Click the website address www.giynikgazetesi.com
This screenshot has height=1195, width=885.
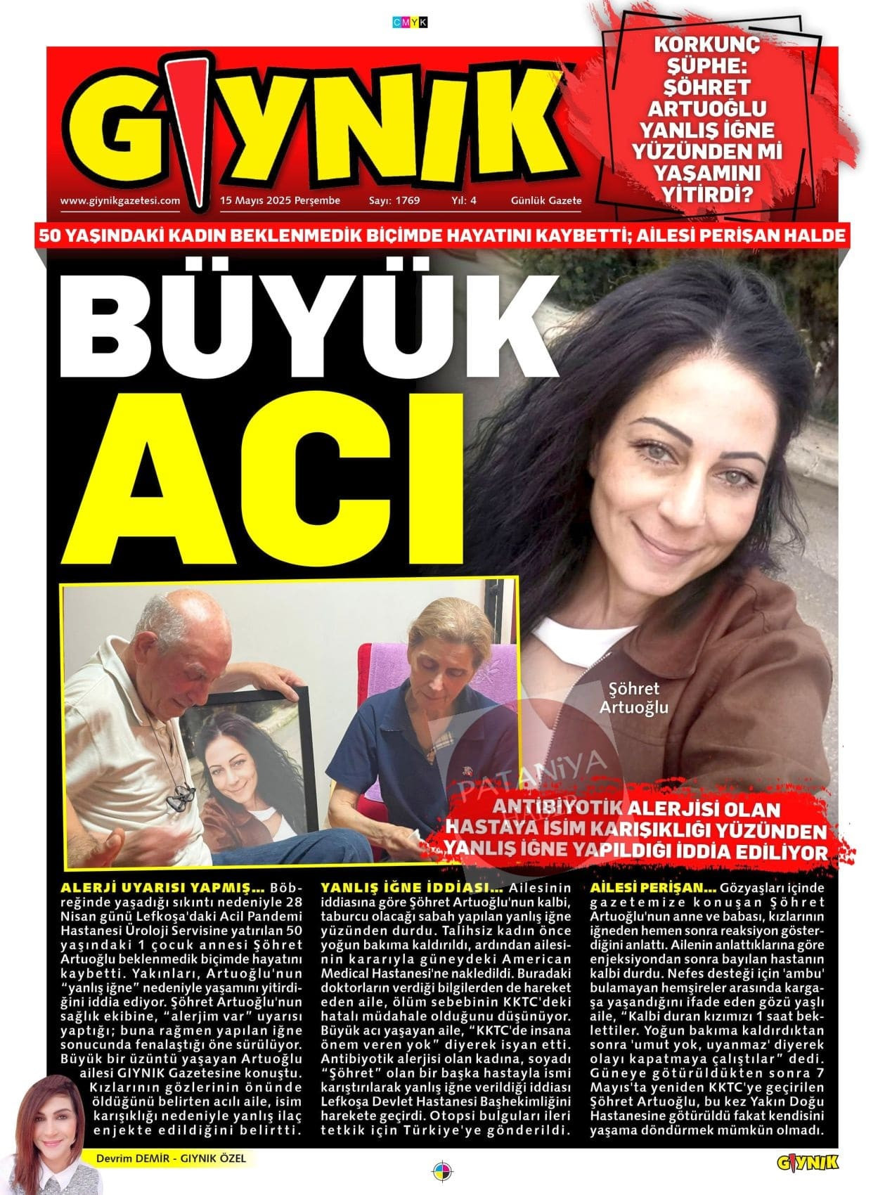pyautogui.click(x=120, y=200)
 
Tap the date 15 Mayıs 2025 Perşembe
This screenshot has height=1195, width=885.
pyautogui.click(x=280, y=200)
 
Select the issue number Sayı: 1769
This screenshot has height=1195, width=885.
pyautogui.click(x=394, y=200)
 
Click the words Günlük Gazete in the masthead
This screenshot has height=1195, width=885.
pyautogui.click(x=546, y=200)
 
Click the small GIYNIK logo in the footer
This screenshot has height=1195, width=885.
pyautogui.click(x=808, y=1163)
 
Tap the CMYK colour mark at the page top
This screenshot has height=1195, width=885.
pyautogui.click(x=409, y=22)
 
